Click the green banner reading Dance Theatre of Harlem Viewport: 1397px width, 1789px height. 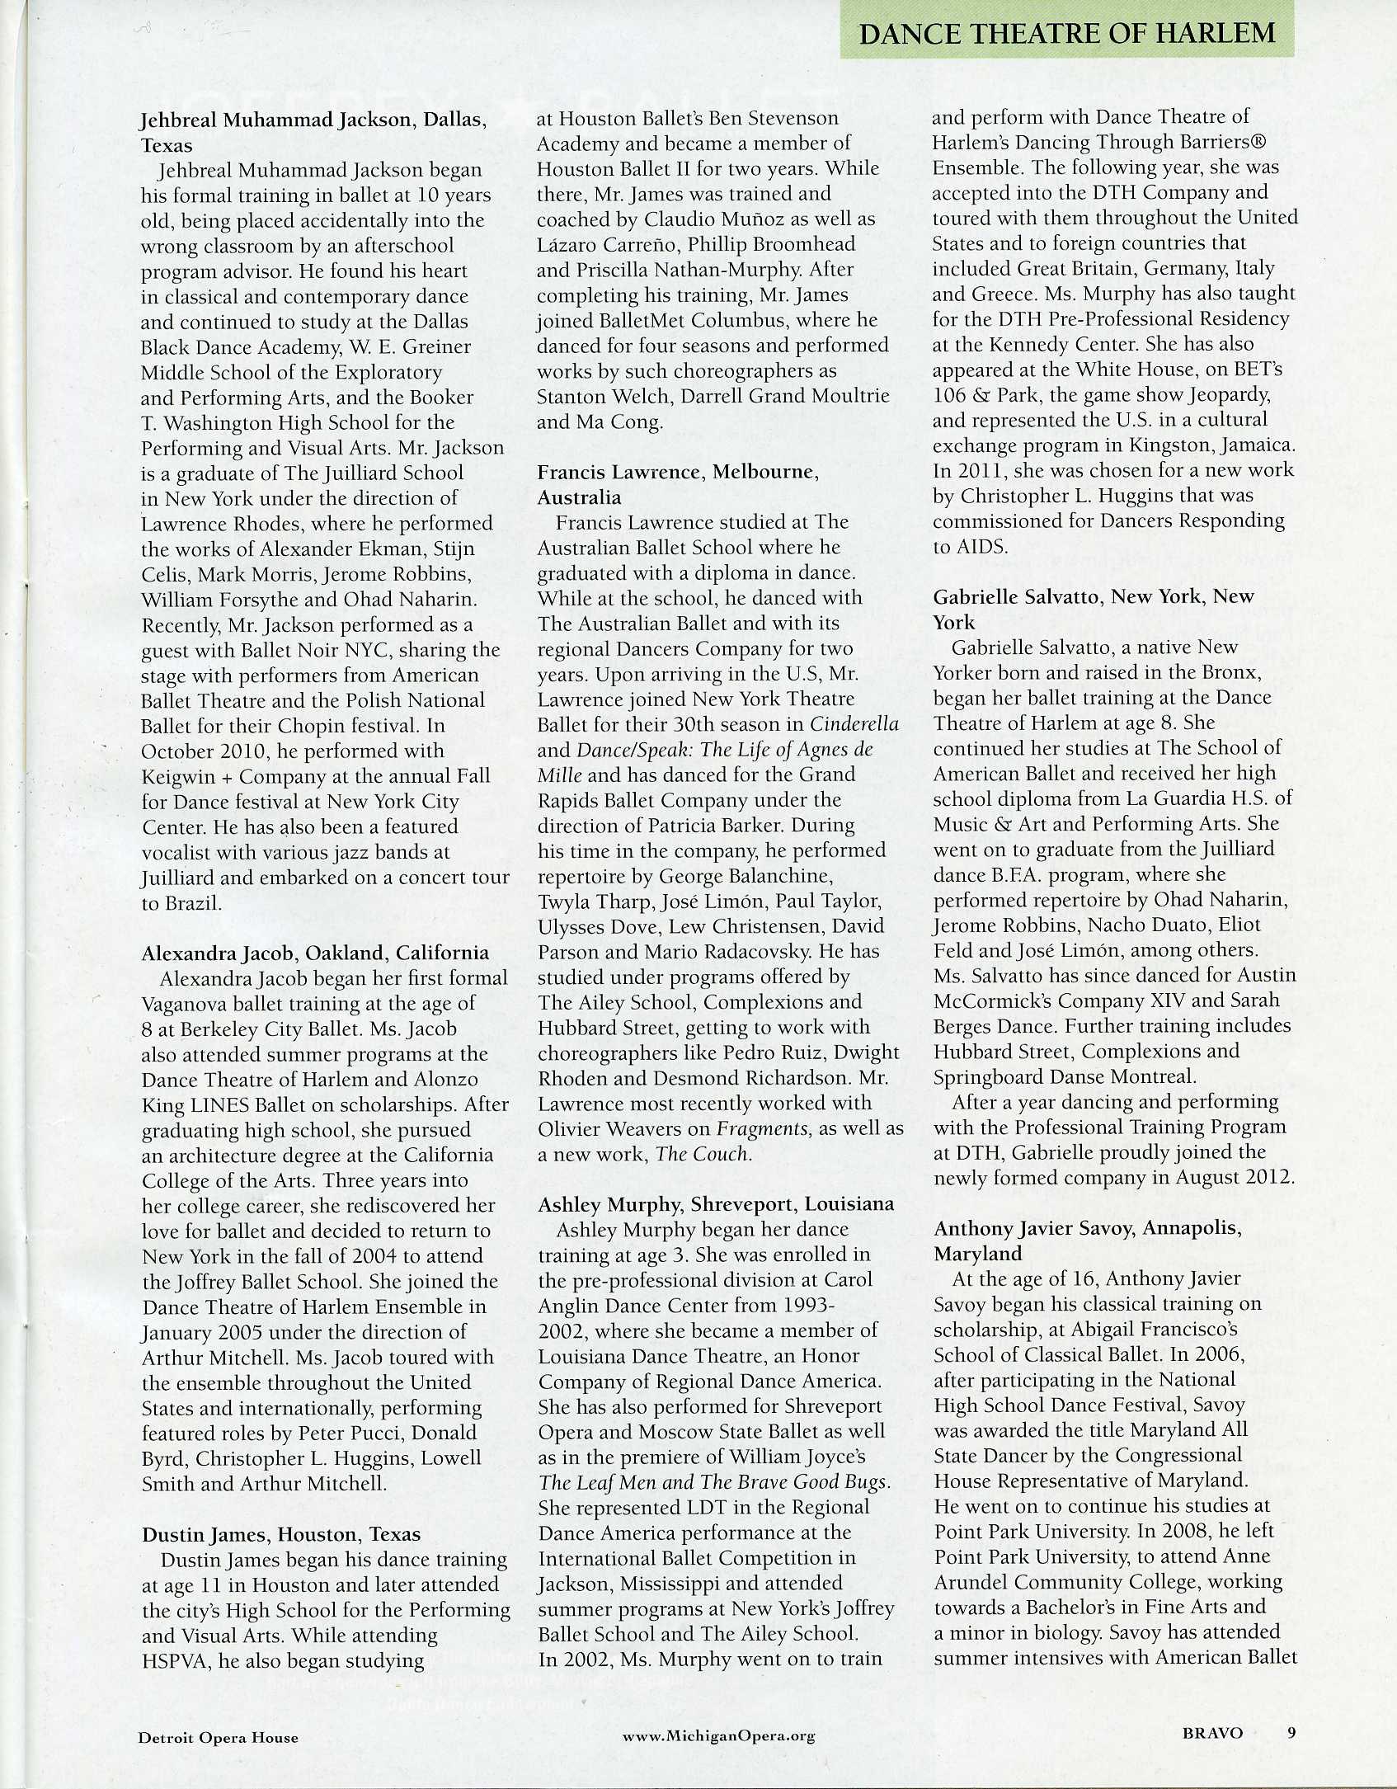[x=1066, y=33]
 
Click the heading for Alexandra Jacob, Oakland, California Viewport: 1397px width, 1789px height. [x=315, y=953]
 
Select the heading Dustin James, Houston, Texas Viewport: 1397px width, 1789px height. [x=281, y=1534]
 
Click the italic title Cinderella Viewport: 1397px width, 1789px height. [x=854, y=724]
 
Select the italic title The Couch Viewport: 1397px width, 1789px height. [x=702, y=1154]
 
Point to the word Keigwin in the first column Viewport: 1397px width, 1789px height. [x=175, y=776]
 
